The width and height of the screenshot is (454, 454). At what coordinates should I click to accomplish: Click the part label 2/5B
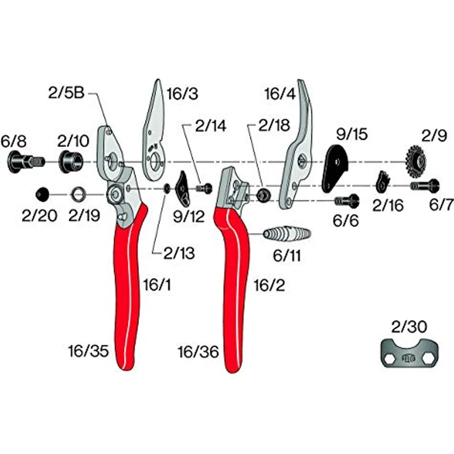[66, 93]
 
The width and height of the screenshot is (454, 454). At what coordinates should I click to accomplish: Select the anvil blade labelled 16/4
[296, 145]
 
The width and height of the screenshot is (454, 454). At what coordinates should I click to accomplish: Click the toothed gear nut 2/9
[416, 162]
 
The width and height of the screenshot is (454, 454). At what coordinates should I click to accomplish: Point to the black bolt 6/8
[25, 162]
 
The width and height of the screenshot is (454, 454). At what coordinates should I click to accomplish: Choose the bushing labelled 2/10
[71, 162]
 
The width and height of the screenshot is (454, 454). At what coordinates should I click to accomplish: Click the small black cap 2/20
[43, 194]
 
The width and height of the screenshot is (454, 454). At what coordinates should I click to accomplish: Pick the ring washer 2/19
[78, 194]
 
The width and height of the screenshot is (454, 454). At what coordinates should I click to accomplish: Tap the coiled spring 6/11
[287, 234]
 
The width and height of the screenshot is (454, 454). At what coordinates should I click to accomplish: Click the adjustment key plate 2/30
[409, 354]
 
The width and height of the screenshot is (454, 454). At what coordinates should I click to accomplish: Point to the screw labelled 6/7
[425, 186]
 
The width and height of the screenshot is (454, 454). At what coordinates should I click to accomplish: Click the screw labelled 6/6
[347, 201]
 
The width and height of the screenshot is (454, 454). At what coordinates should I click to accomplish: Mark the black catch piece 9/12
[183, 189]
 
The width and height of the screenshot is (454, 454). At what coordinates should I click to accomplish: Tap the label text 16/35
[88, 351]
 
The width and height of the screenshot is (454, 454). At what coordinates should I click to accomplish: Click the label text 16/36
[199, 352]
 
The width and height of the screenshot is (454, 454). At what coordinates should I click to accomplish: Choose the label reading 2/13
[180, 253]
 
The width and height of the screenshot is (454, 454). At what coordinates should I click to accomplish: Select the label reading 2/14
[210, 126]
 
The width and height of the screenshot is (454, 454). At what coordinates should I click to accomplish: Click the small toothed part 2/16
[382, 181]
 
